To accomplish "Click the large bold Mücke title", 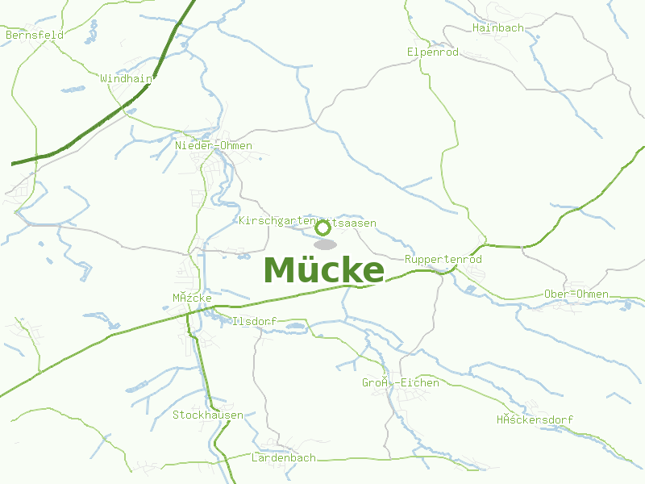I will tap(323, 270).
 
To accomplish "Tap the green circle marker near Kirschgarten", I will tap(323, 227).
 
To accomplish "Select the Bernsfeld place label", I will tap(34, 35).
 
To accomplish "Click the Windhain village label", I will tap(126, 79).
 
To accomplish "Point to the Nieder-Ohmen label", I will tap(214, 146).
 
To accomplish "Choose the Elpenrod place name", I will tap(432, 52).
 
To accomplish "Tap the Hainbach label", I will tap(498, 27).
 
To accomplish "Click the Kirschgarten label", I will tap(278, 221).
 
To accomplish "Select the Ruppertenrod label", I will tap(443, 260).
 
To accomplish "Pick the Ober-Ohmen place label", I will tap(576, 294).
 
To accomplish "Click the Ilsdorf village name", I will tap(253, 321).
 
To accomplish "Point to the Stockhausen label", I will tap(208, 415).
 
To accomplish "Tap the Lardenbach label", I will tap(284, 457).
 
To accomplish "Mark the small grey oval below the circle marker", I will tap(325, 244).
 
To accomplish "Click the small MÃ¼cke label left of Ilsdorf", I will tap(192, 298).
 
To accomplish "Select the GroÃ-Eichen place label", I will tap(401, 382).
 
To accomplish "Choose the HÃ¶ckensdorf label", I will tap(535, 420).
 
